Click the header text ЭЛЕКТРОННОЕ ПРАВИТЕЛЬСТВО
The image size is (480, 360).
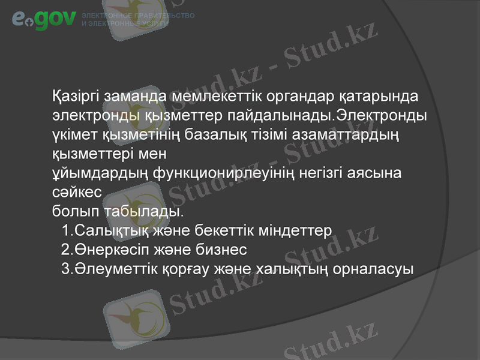(x=137, y=15)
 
